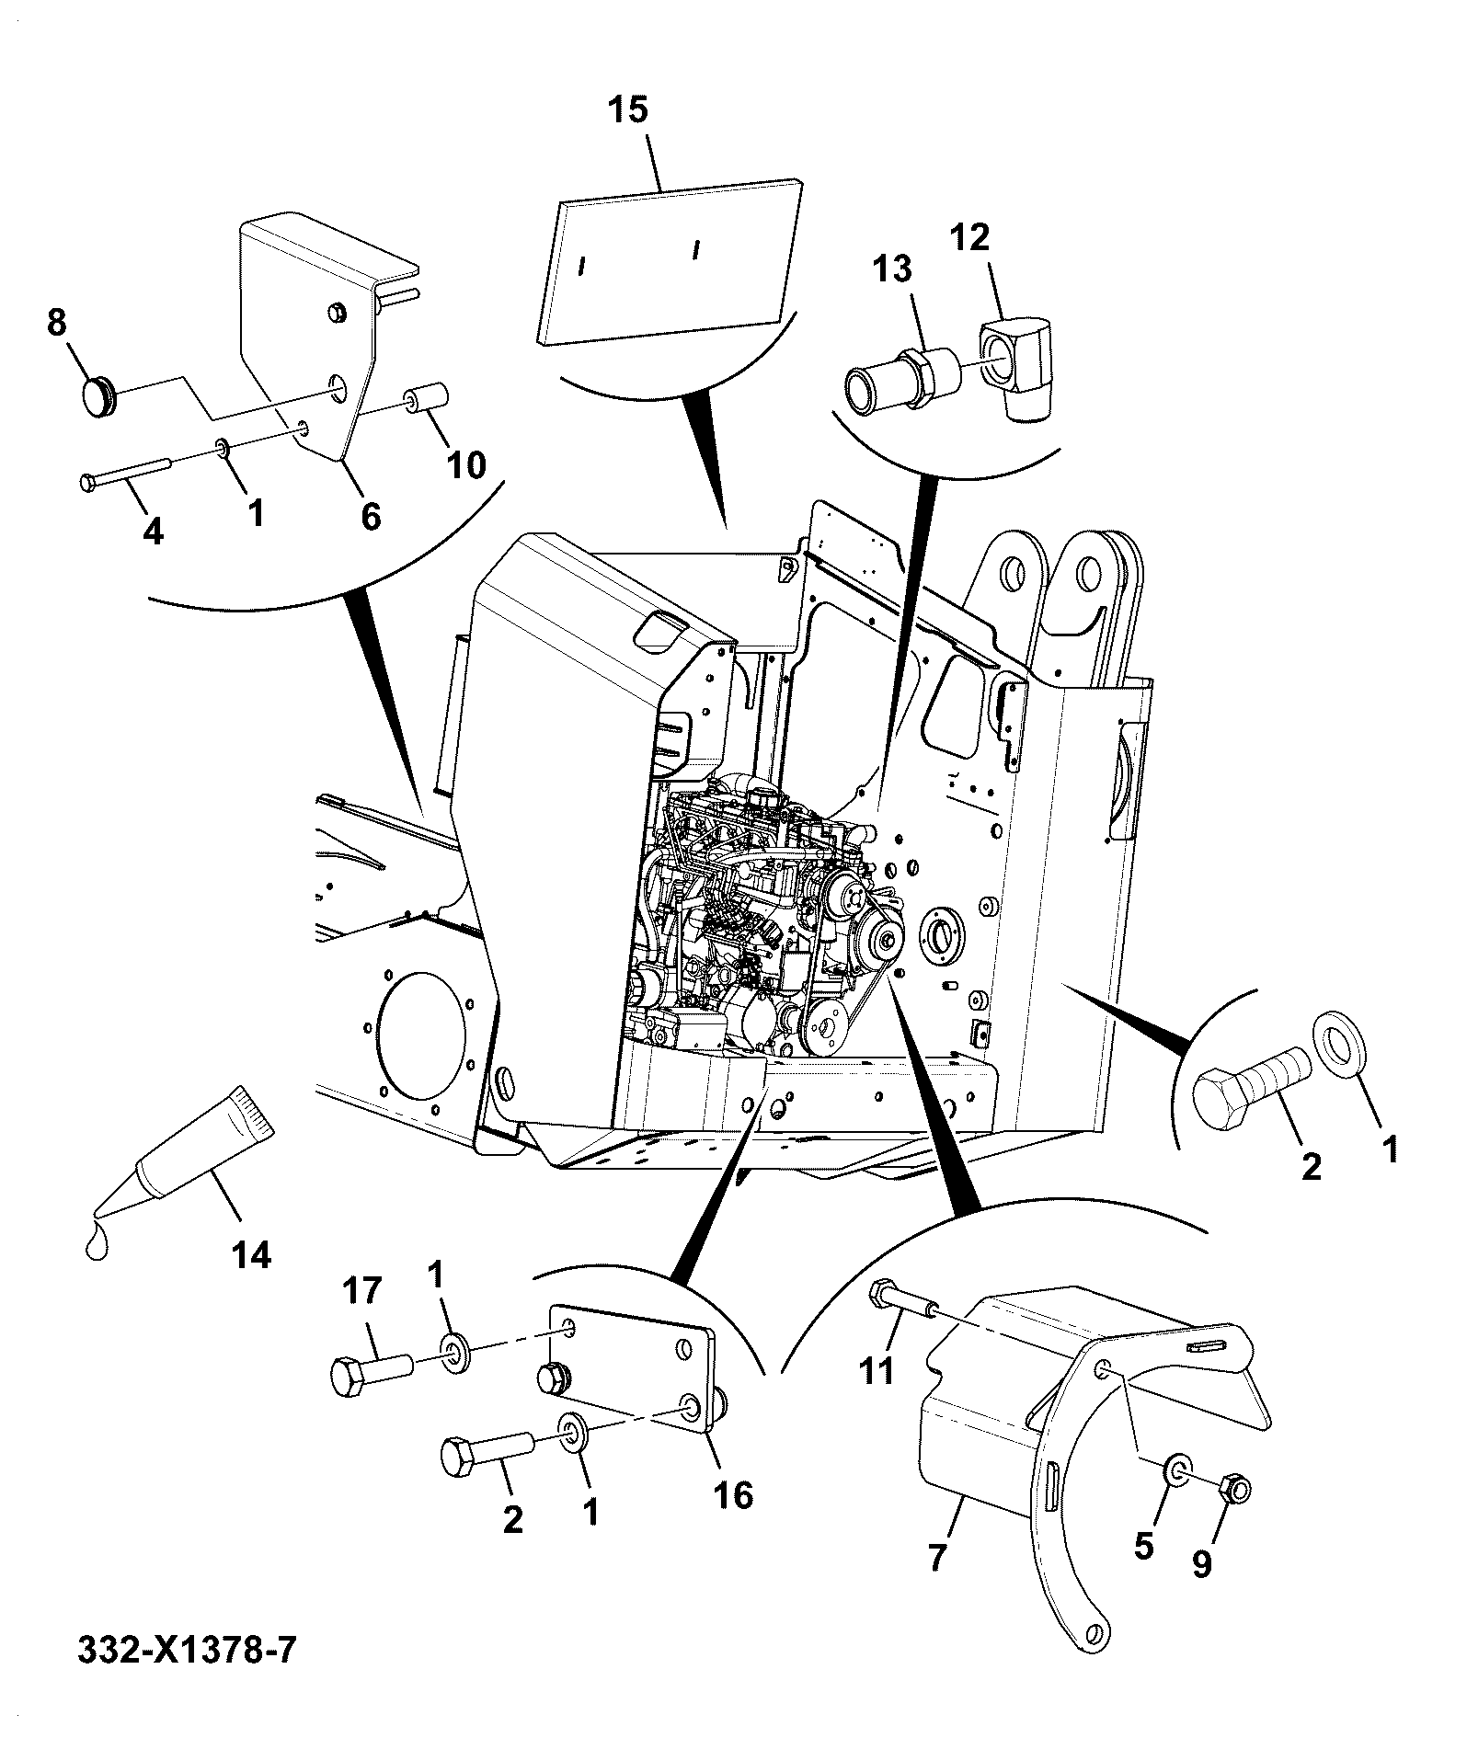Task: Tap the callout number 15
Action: tap(627, 110)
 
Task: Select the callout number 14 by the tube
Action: tap(251, 1254)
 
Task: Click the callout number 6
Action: tap(370, 517)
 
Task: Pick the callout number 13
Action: tap(891, 269)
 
